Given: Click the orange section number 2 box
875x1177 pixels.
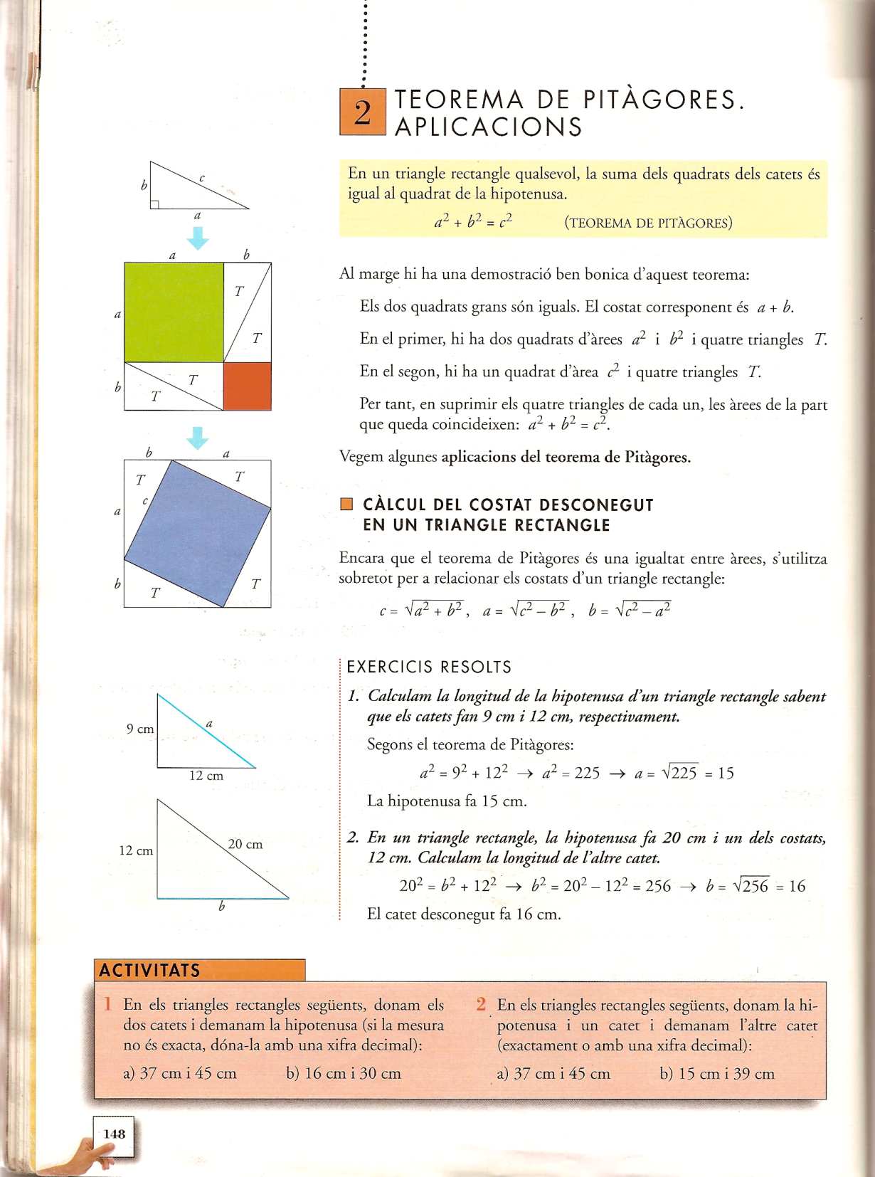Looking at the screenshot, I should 362,112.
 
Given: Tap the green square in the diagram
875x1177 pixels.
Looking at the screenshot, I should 174,312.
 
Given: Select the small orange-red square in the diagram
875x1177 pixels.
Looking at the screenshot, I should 248,386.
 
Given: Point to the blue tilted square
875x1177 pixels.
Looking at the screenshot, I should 198,532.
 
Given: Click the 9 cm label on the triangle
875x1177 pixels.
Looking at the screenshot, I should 140,729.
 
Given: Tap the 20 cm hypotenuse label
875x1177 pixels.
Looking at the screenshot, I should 245,844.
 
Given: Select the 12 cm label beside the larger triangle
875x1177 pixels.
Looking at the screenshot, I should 136,850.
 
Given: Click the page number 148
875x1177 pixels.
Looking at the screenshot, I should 114,1134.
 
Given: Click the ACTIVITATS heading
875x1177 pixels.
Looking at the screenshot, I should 150,970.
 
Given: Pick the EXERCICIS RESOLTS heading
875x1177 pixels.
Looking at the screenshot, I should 429,667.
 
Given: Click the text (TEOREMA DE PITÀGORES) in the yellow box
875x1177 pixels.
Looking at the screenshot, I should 648,223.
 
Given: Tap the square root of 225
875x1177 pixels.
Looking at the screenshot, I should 679,773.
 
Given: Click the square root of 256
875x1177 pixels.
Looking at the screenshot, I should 751,886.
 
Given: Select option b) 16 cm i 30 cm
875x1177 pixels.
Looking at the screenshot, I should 344,1073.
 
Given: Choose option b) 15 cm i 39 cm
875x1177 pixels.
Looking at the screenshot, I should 717,1073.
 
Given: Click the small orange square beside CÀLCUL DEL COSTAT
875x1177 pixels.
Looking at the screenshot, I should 346,505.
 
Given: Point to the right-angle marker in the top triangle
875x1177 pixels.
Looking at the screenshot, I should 154,204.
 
